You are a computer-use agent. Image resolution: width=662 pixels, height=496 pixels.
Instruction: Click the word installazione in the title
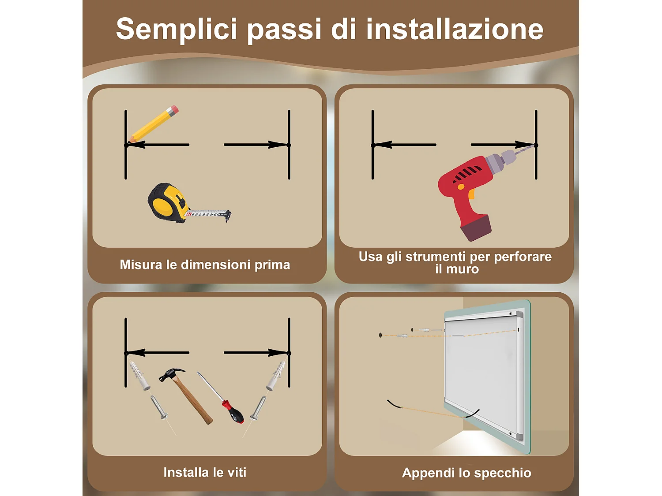(455, 29)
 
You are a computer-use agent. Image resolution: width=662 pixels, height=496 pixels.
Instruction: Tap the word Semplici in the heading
(177, 30)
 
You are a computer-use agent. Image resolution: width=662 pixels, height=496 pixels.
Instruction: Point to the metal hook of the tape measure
(228, 216)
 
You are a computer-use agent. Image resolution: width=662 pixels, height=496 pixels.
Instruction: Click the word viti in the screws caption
(237, 472)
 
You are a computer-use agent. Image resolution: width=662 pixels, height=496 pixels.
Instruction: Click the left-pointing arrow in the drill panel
(404, 145)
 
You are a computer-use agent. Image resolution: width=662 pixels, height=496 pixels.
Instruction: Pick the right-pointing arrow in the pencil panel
(256, 145)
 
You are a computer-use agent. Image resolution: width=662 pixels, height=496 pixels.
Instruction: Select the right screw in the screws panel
(258, 408)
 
